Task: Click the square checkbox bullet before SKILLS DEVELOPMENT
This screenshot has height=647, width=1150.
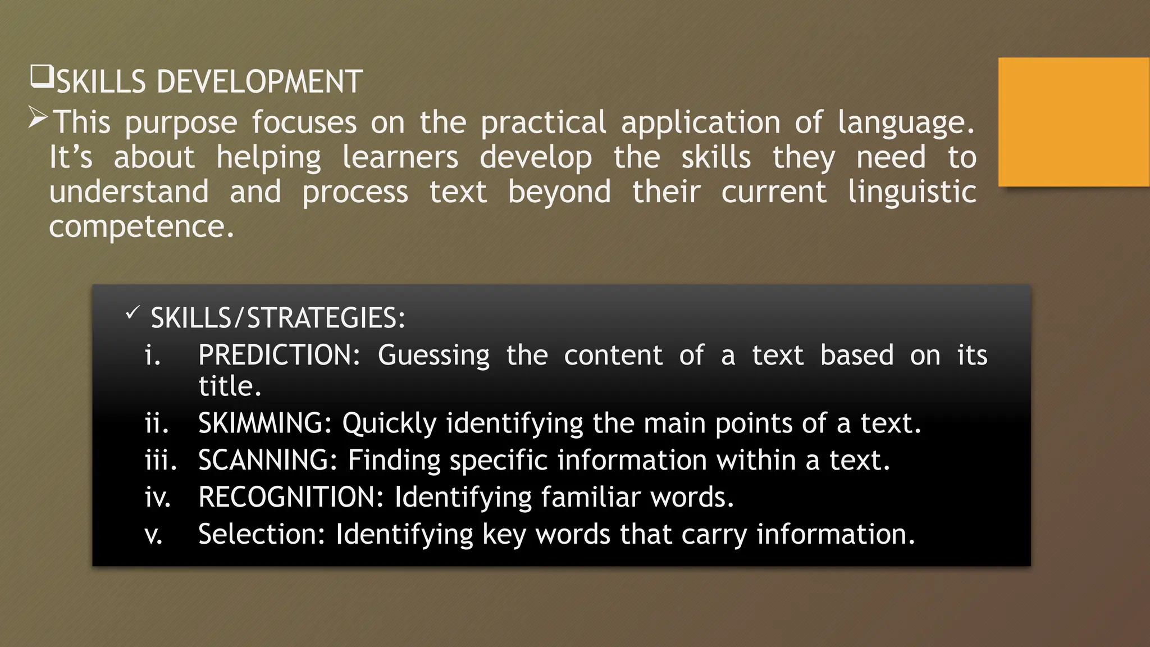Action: pyautogui.click(x=42, y=77)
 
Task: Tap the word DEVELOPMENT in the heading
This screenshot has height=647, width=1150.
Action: pyautogui.click(x=259, y=82)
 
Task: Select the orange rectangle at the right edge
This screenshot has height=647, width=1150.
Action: pyautogui.click(x=1074, y=122)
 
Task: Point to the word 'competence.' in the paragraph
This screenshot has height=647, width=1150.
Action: pyautogui.click(x=142, y=227)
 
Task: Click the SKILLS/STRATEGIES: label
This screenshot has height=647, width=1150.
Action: pyautogui.click(x=278, y=318)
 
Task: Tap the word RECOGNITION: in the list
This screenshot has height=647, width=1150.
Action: pyautogui.click(x=291, y=497)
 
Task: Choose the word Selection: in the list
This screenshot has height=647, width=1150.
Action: pyautogui.click(x=262, y=534)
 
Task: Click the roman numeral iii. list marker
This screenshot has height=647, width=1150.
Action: pyautogui.click(x=161, y=460)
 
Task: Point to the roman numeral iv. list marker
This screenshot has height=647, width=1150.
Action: pyautogui.click(x=158, y=497)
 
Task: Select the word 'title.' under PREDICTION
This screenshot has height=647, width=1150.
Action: pyautogui.click(x=230, y=386)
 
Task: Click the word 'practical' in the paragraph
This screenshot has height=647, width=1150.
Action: pyautogui.click(x=543, y=122)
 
